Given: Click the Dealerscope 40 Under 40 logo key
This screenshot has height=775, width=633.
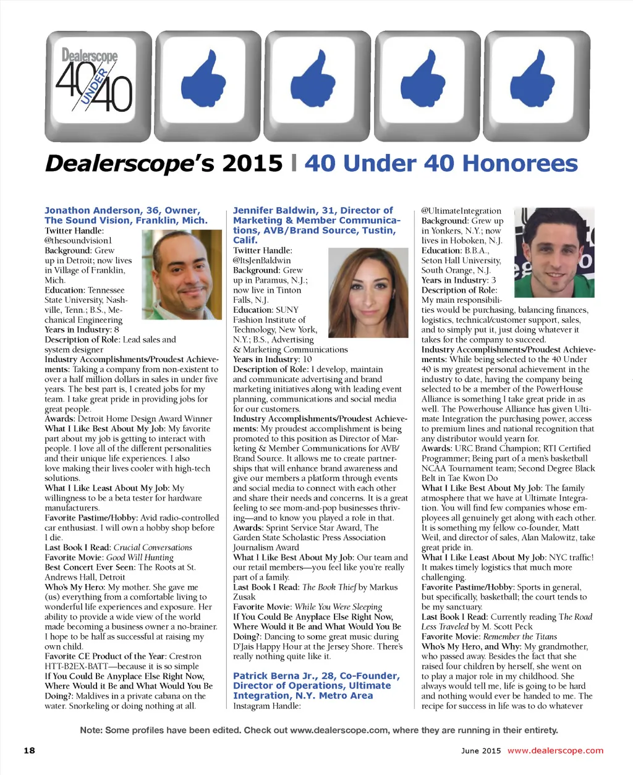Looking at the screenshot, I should click(x=98, y=86).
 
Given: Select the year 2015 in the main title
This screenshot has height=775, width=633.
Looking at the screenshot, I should click(x=252, y=164).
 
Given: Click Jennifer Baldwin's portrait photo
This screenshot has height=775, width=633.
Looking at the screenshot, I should click(x=368, y=292).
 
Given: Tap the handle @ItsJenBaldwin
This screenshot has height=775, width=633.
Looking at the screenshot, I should click(x=262, y=260).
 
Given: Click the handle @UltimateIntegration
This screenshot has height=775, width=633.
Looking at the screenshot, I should click(x=461, y=211).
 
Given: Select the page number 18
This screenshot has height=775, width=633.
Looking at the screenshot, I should click(x=29, y=750).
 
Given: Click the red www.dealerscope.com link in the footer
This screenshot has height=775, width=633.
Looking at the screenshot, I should click(x=555, y=750).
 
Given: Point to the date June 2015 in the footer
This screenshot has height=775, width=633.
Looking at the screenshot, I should click(x=481, y=750).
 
